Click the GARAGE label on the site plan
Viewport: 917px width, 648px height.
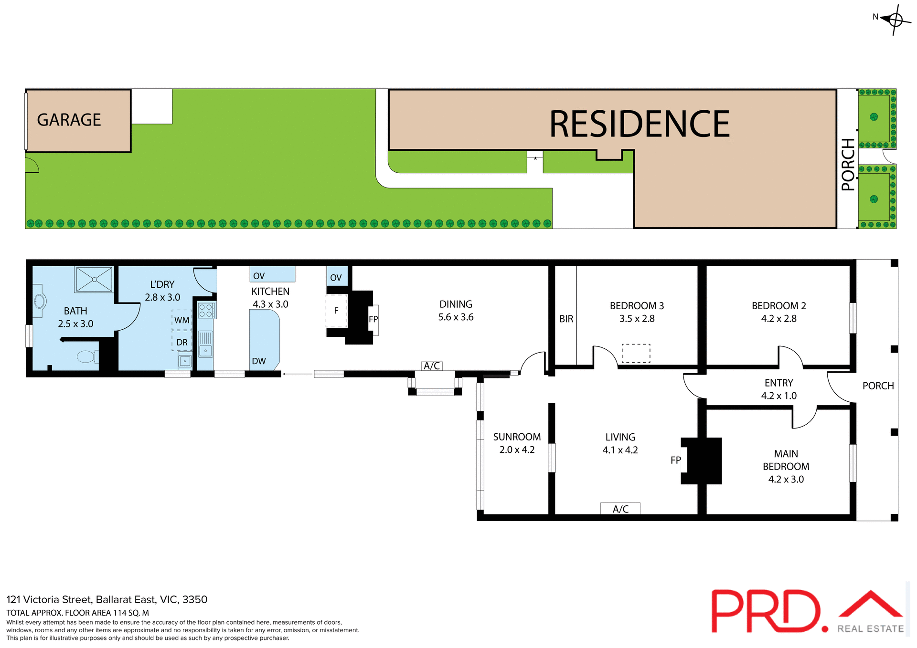tap(69, 120)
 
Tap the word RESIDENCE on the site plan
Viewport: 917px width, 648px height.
tap(639, 124)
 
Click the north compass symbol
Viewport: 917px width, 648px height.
tap(895, 20)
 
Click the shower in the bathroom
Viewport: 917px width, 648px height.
tap(94, 279)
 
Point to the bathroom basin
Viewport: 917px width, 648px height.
tap(40, 301)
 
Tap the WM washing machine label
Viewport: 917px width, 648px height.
tap(182, 320)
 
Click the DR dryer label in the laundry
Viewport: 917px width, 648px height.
tap(182, 342)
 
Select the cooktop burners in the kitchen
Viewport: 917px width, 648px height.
tap(206, 311)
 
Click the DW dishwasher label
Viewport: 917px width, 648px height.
tap(259, 361)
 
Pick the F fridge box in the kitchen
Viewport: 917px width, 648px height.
tap(336, 311)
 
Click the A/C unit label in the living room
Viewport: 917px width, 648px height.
tap(620, 509)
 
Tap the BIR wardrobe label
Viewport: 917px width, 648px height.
tap(566, 319)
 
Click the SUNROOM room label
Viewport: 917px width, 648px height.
tap(517, 437)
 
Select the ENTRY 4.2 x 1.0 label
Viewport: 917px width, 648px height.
tap(778, 389)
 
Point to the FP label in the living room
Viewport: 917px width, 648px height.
tap(675, 460)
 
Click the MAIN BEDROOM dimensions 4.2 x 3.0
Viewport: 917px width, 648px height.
tap(786, 479)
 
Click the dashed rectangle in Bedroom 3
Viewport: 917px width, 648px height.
tap(636, 353)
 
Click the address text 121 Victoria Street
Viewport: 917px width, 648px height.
tap(107, 599)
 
